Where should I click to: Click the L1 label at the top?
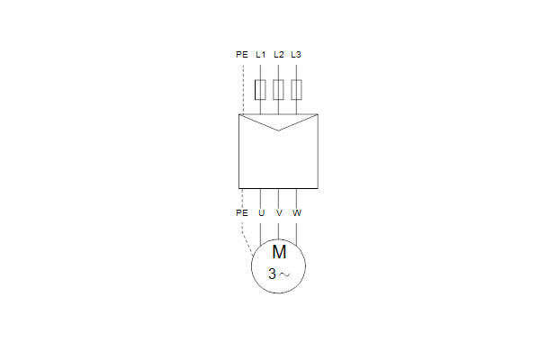click(261, 54)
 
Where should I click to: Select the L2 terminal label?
click(279, 54)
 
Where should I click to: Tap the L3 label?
click(296, 54)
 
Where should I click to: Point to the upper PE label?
click(242, 54)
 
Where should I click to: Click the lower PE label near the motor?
click(242, 213)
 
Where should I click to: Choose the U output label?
click(261, 213)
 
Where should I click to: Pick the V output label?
click(279, 213)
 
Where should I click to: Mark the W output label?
click(297, 213)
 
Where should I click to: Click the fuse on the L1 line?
click(260, 90)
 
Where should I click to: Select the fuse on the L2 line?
click(278, 90)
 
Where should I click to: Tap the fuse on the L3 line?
click(296, 90)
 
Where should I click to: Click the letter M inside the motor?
click(279, 252)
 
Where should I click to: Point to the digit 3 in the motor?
click(272, 274)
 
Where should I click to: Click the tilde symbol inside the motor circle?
click(284, 274)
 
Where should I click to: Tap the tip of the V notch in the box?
click(278, 130)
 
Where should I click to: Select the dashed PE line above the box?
click(244, 90)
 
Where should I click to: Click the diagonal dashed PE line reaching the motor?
click(247, 244)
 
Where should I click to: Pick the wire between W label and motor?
click(296, 234)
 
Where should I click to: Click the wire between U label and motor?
click(260, 234)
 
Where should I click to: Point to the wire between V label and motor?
click(278, 230)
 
